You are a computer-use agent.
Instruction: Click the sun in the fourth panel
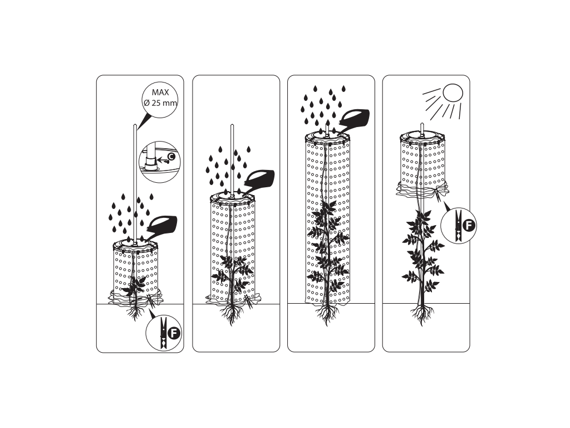[x=453, y=93]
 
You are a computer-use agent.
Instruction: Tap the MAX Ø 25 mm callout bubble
[x=160, y=99]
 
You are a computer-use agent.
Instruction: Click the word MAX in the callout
[x=160, y=93]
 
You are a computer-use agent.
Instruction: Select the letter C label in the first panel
[x=172, y=157]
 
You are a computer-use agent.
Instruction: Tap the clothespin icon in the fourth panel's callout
[x=459, y=225]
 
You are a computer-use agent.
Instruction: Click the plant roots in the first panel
[x=135, y=312]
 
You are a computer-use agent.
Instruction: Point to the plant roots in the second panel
[x=232, y=313]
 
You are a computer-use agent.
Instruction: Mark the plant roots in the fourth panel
[x=422, y=314]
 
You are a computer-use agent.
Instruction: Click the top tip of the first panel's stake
[x=135, y=125]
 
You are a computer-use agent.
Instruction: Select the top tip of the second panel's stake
[x=232, y=125]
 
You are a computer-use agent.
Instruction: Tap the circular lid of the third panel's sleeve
[x=327, y=137]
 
